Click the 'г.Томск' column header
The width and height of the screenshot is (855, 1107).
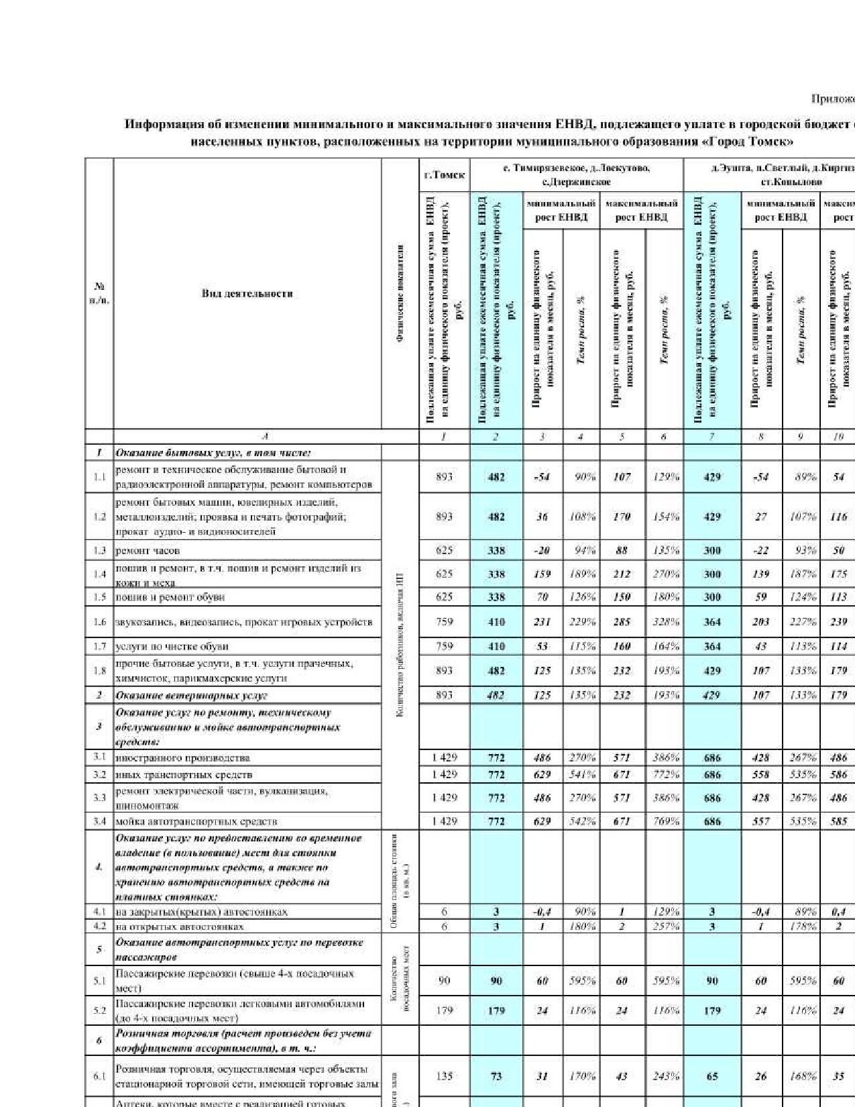444,174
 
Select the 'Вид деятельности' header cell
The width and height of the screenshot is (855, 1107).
247,293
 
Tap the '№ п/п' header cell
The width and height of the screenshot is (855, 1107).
99,293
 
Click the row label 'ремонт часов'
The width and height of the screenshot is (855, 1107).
148,551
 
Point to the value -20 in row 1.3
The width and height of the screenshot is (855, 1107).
542,551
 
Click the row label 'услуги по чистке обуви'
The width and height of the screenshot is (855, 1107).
172,647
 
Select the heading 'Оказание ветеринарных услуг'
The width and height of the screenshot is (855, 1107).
192,696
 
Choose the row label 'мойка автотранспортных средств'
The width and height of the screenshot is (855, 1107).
196,821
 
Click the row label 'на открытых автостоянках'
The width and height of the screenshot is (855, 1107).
180,927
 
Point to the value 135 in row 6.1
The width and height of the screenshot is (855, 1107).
444,1076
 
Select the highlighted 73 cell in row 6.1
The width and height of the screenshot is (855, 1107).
496,1076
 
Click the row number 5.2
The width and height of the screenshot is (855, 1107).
99,1010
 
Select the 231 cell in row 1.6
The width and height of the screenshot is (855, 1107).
542,622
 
